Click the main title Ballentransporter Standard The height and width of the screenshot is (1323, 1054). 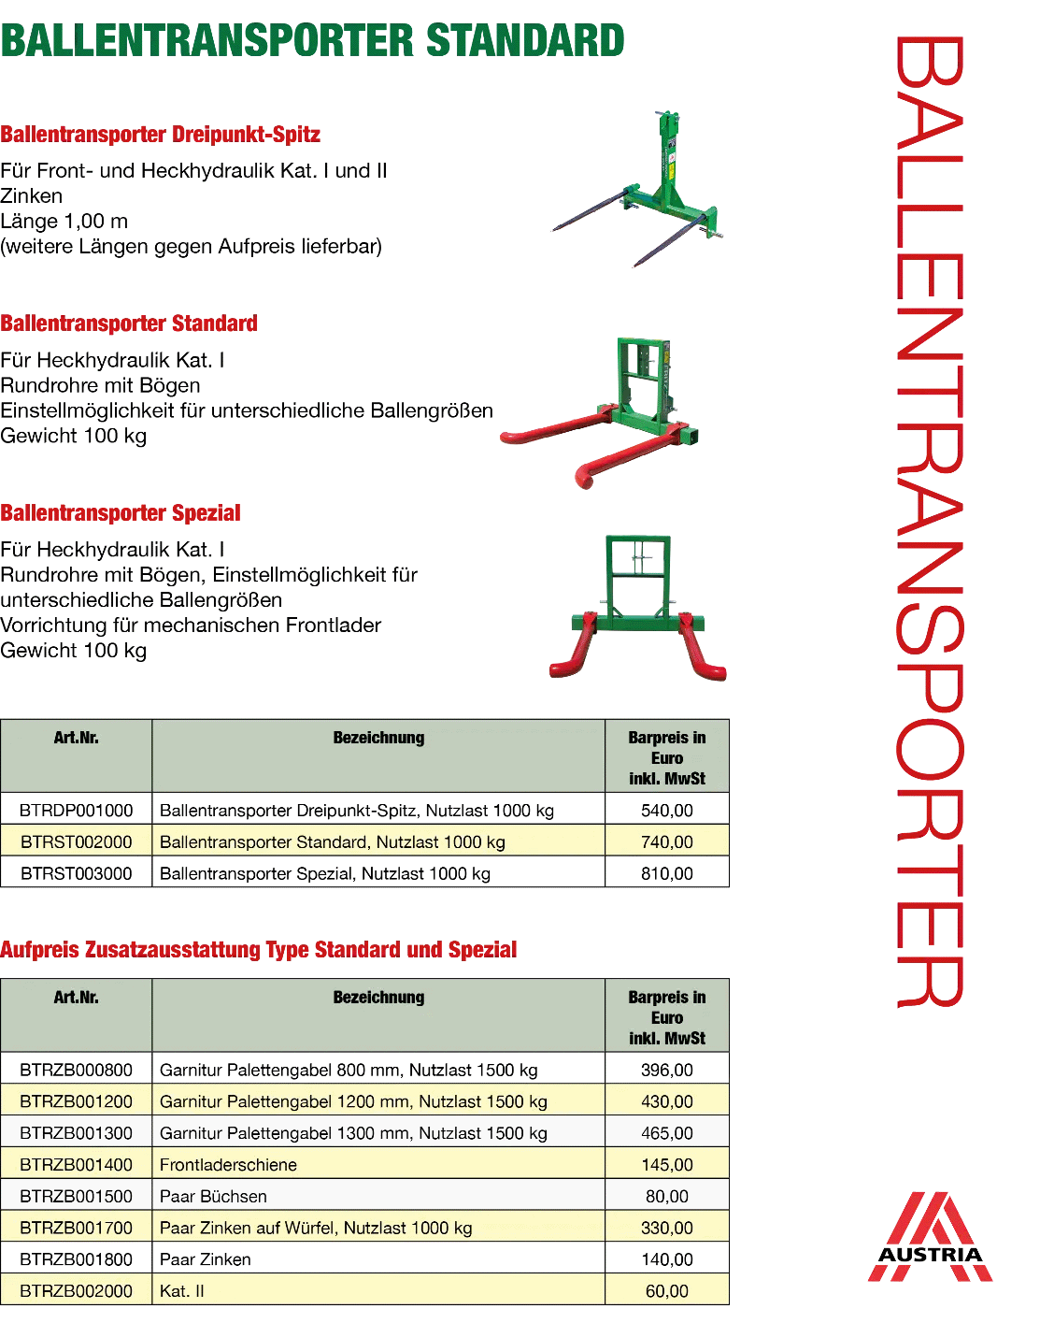click(x=312, y=40)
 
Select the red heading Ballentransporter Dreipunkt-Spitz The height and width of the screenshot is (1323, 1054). click(x=160, y=134)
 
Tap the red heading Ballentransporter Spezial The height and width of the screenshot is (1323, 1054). click(x=121, y=512)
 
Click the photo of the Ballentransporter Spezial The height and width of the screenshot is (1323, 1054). click(x=638, y=608)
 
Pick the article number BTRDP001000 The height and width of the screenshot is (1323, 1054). click(x=77, y=811)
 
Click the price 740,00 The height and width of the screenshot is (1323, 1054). click(x=667, y=841)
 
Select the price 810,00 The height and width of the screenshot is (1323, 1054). click(x=667, y=873)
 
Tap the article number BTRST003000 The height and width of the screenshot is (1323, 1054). click(x=77, y=873)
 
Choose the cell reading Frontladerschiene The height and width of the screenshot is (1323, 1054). click(x=228, y=1164)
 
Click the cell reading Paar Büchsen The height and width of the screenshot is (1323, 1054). click(x=213, y=1196)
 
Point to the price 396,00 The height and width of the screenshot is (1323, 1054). click(x=667, y=1070)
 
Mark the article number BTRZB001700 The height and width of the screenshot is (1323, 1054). click(x=77, y=1228)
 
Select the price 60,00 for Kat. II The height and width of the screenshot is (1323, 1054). click(x=667, y=1291)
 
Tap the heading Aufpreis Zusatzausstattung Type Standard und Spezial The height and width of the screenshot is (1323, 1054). click(x=258, y=949)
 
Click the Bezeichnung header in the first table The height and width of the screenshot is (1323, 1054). click(x=378, y=738)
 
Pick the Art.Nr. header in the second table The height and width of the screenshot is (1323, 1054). click(x=77, y=998)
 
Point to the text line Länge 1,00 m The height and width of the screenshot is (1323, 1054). click(x=64, y=221)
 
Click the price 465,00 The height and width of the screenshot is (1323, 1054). click(x=667, y=1133)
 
